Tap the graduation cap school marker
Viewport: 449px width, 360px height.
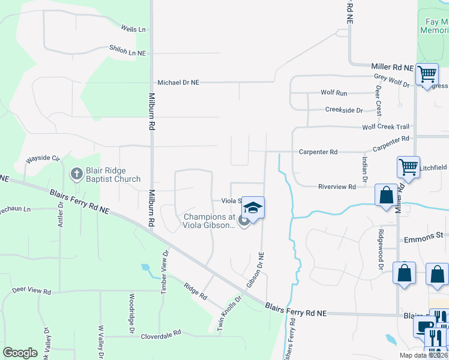point(253,208)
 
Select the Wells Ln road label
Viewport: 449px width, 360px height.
point(133,29)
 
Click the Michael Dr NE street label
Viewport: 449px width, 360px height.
point(178,83)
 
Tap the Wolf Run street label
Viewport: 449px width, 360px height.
point(334,93)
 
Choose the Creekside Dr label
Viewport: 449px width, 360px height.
point(344,110)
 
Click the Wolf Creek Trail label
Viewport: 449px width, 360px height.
point(385,127)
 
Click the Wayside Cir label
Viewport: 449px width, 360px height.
point(43,160)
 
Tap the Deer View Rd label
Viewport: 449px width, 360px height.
point(31,290)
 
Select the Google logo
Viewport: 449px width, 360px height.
point(20,353)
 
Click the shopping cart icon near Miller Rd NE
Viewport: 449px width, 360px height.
point(426,74)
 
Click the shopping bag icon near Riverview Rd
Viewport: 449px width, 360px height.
point(385,195)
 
